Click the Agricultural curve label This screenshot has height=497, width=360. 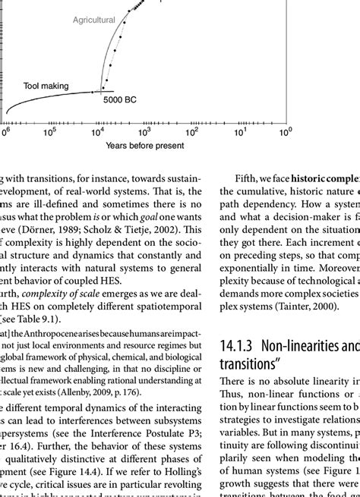[94, 20]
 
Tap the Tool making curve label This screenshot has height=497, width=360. [44, 86]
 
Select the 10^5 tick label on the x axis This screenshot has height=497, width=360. [49, 131]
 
